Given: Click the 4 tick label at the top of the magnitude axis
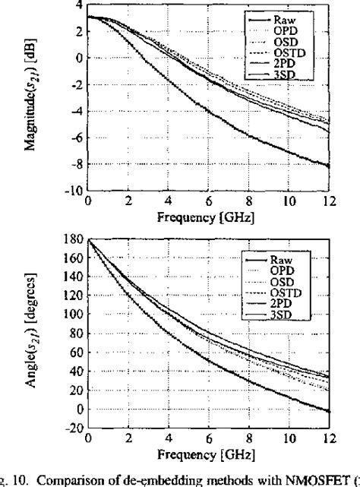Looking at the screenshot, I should tap(79, 5).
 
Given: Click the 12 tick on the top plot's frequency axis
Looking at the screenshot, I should tap(329, 202).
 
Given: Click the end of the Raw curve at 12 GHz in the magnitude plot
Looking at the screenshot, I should tap(329, 166).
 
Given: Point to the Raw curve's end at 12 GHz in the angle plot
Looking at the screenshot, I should tap(329, 411).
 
